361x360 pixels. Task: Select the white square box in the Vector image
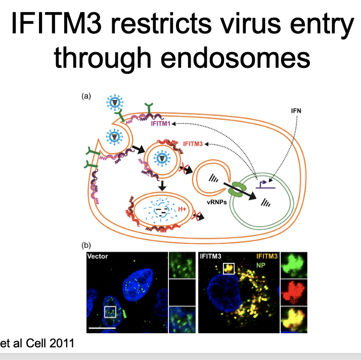(110, 311)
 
